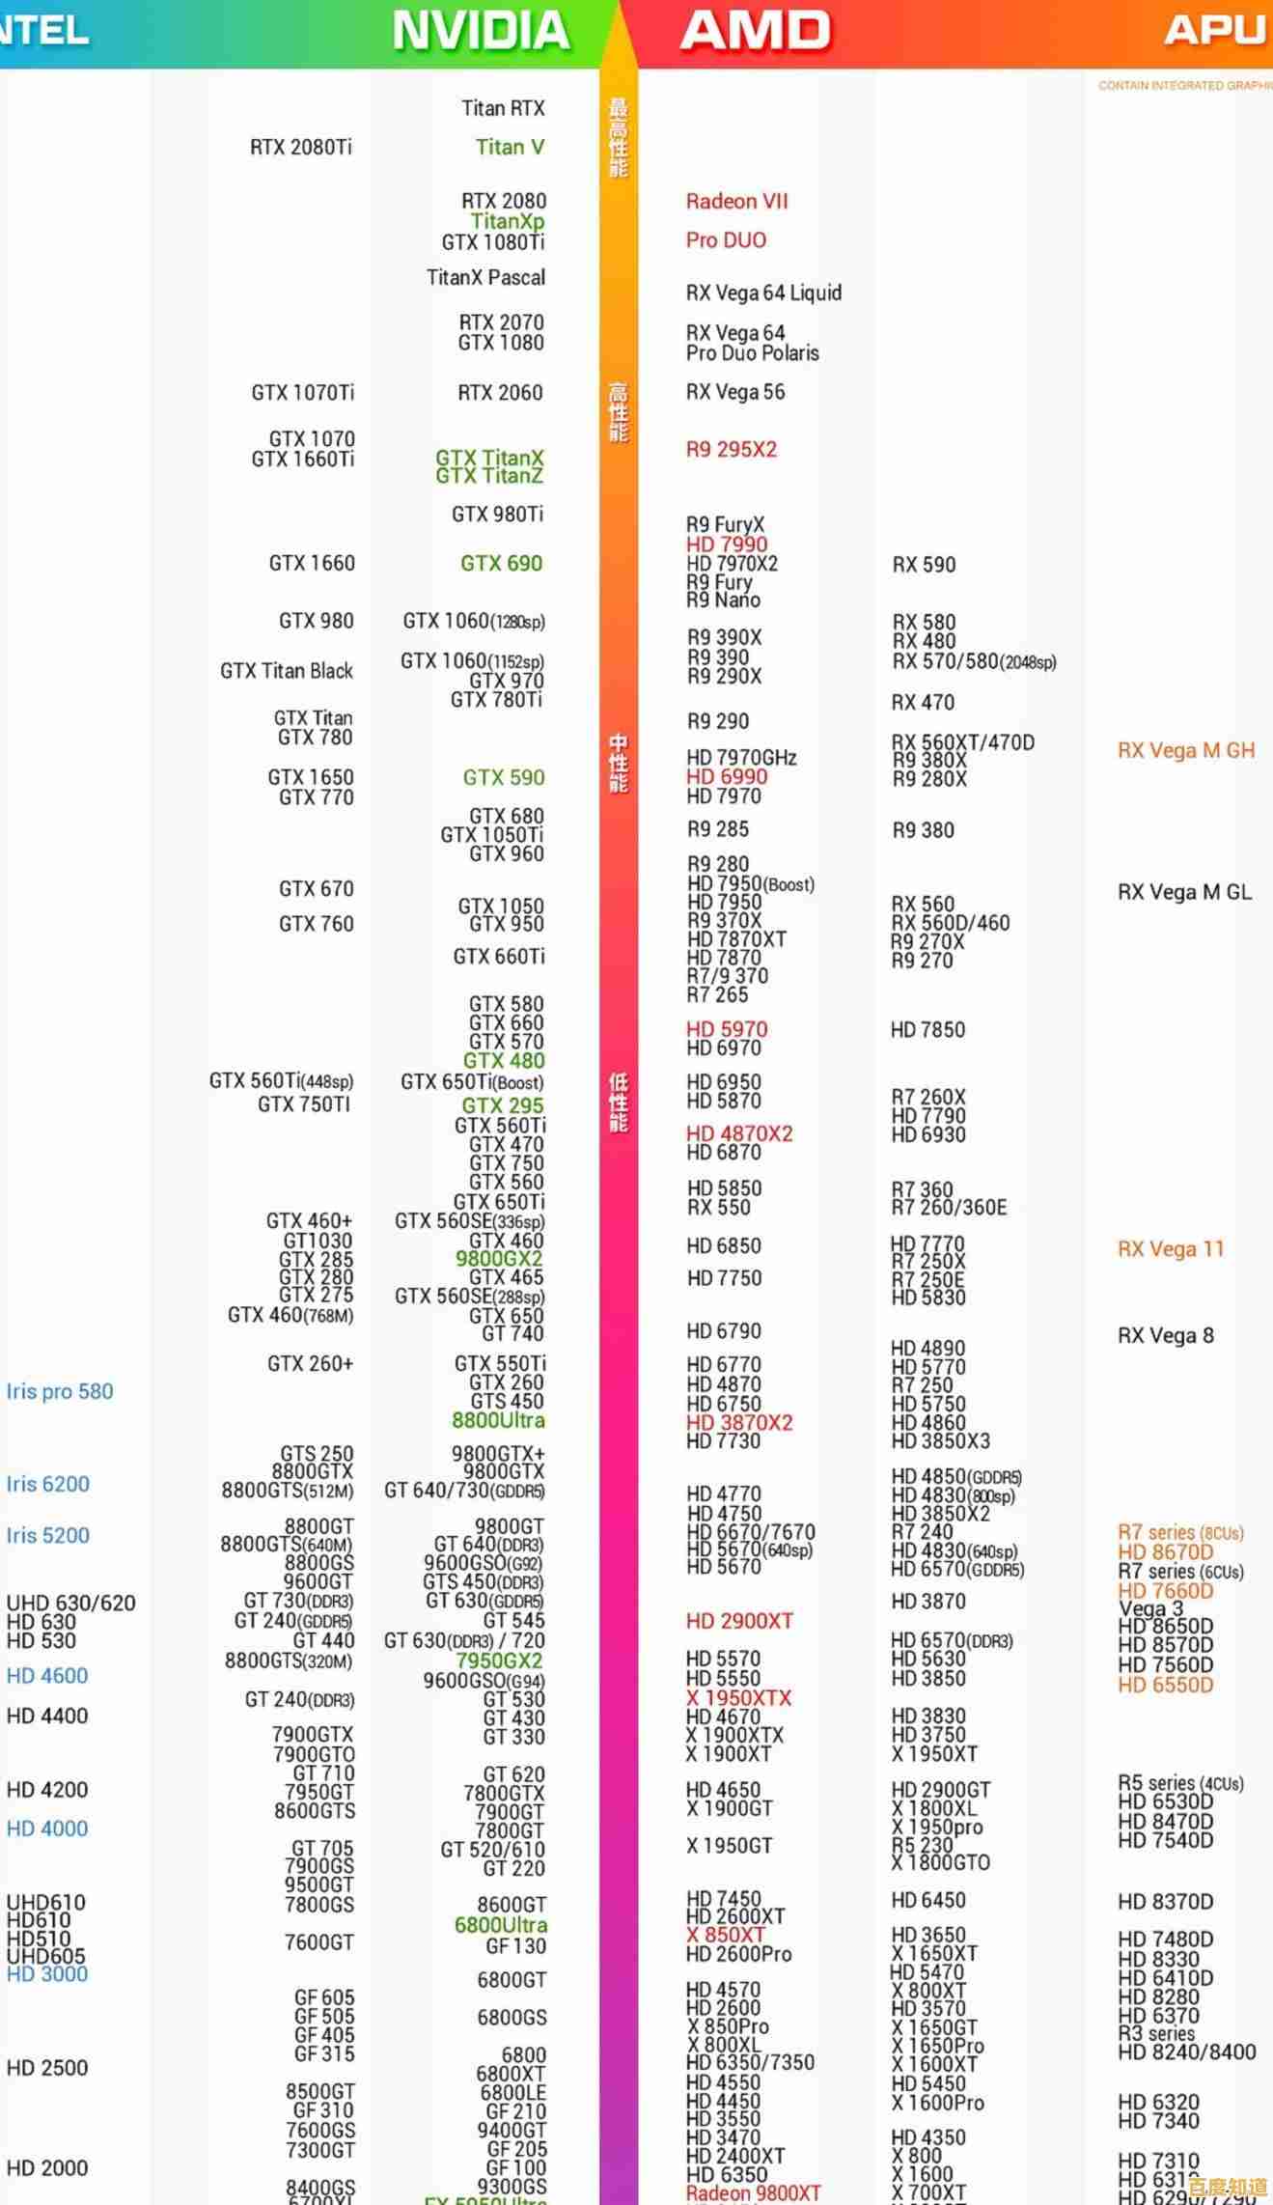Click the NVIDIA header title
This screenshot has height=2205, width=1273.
click(481, 31)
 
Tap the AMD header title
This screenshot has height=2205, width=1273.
click(755, 31)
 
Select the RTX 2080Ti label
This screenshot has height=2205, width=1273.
click(301, 148)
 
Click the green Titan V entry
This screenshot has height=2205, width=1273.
click(510, 148)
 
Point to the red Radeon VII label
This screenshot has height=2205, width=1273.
click(736, 202)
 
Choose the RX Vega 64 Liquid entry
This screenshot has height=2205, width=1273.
click(763, 293)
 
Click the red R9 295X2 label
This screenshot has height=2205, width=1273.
click(731, 450)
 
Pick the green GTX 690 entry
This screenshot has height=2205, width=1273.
click(501, 564)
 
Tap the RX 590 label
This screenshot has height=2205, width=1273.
click(924, 566)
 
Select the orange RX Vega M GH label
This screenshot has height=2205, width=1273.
click(1186, 751)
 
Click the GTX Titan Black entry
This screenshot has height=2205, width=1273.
click(287, 671)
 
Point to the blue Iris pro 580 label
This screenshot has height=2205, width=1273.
click(60, 1392)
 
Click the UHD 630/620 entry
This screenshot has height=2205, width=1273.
click(70, 1604)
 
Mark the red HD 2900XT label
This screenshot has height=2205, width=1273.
click(739, 1622)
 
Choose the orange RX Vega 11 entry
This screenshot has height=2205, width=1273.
click(1171, 1249)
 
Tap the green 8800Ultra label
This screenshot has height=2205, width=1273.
click(498, 1421)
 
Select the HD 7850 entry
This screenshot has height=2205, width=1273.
click(927, 1030)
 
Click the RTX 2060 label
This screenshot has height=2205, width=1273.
click(500, 393)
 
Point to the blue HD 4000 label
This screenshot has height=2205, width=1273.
click(47, 1828)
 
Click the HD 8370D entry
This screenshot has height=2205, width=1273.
click(1165, 1902)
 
